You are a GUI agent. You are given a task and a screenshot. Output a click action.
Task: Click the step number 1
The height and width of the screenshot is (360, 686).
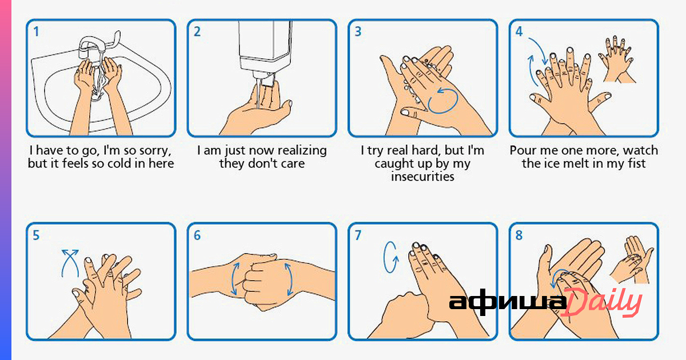37,31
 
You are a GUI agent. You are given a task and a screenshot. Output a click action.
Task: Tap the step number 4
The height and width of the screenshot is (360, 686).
519,31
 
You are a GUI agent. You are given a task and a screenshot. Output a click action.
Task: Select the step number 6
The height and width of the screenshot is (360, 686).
197,235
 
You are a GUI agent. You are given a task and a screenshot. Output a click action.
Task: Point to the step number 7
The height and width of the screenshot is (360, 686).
358,235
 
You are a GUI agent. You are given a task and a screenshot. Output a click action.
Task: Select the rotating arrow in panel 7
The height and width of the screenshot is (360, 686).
391,257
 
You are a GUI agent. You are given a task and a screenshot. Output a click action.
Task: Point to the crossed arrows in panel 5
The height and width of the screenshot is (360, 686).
70,263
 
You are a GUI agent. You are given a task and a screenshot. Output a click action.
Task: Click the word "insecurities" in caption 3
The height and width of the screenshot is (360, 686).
422,177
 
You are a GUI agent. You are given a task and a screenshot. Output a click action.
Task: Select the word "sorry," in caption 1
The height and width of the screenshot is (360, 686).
155,151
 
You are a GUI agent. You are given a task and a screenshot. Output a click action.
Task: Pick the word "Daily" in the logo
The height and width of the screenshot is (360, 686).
601,303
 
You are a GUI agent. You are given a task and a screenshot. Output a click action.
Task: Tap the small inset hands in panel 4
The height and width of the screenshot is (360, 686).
617,59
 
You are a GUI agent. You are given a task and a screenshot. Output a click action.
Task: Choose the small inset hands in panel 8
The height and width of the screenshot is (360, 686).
632,259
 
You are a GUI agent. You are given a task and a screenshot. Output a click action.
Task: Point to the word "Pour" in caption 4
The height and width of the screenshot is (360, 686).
521,151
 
